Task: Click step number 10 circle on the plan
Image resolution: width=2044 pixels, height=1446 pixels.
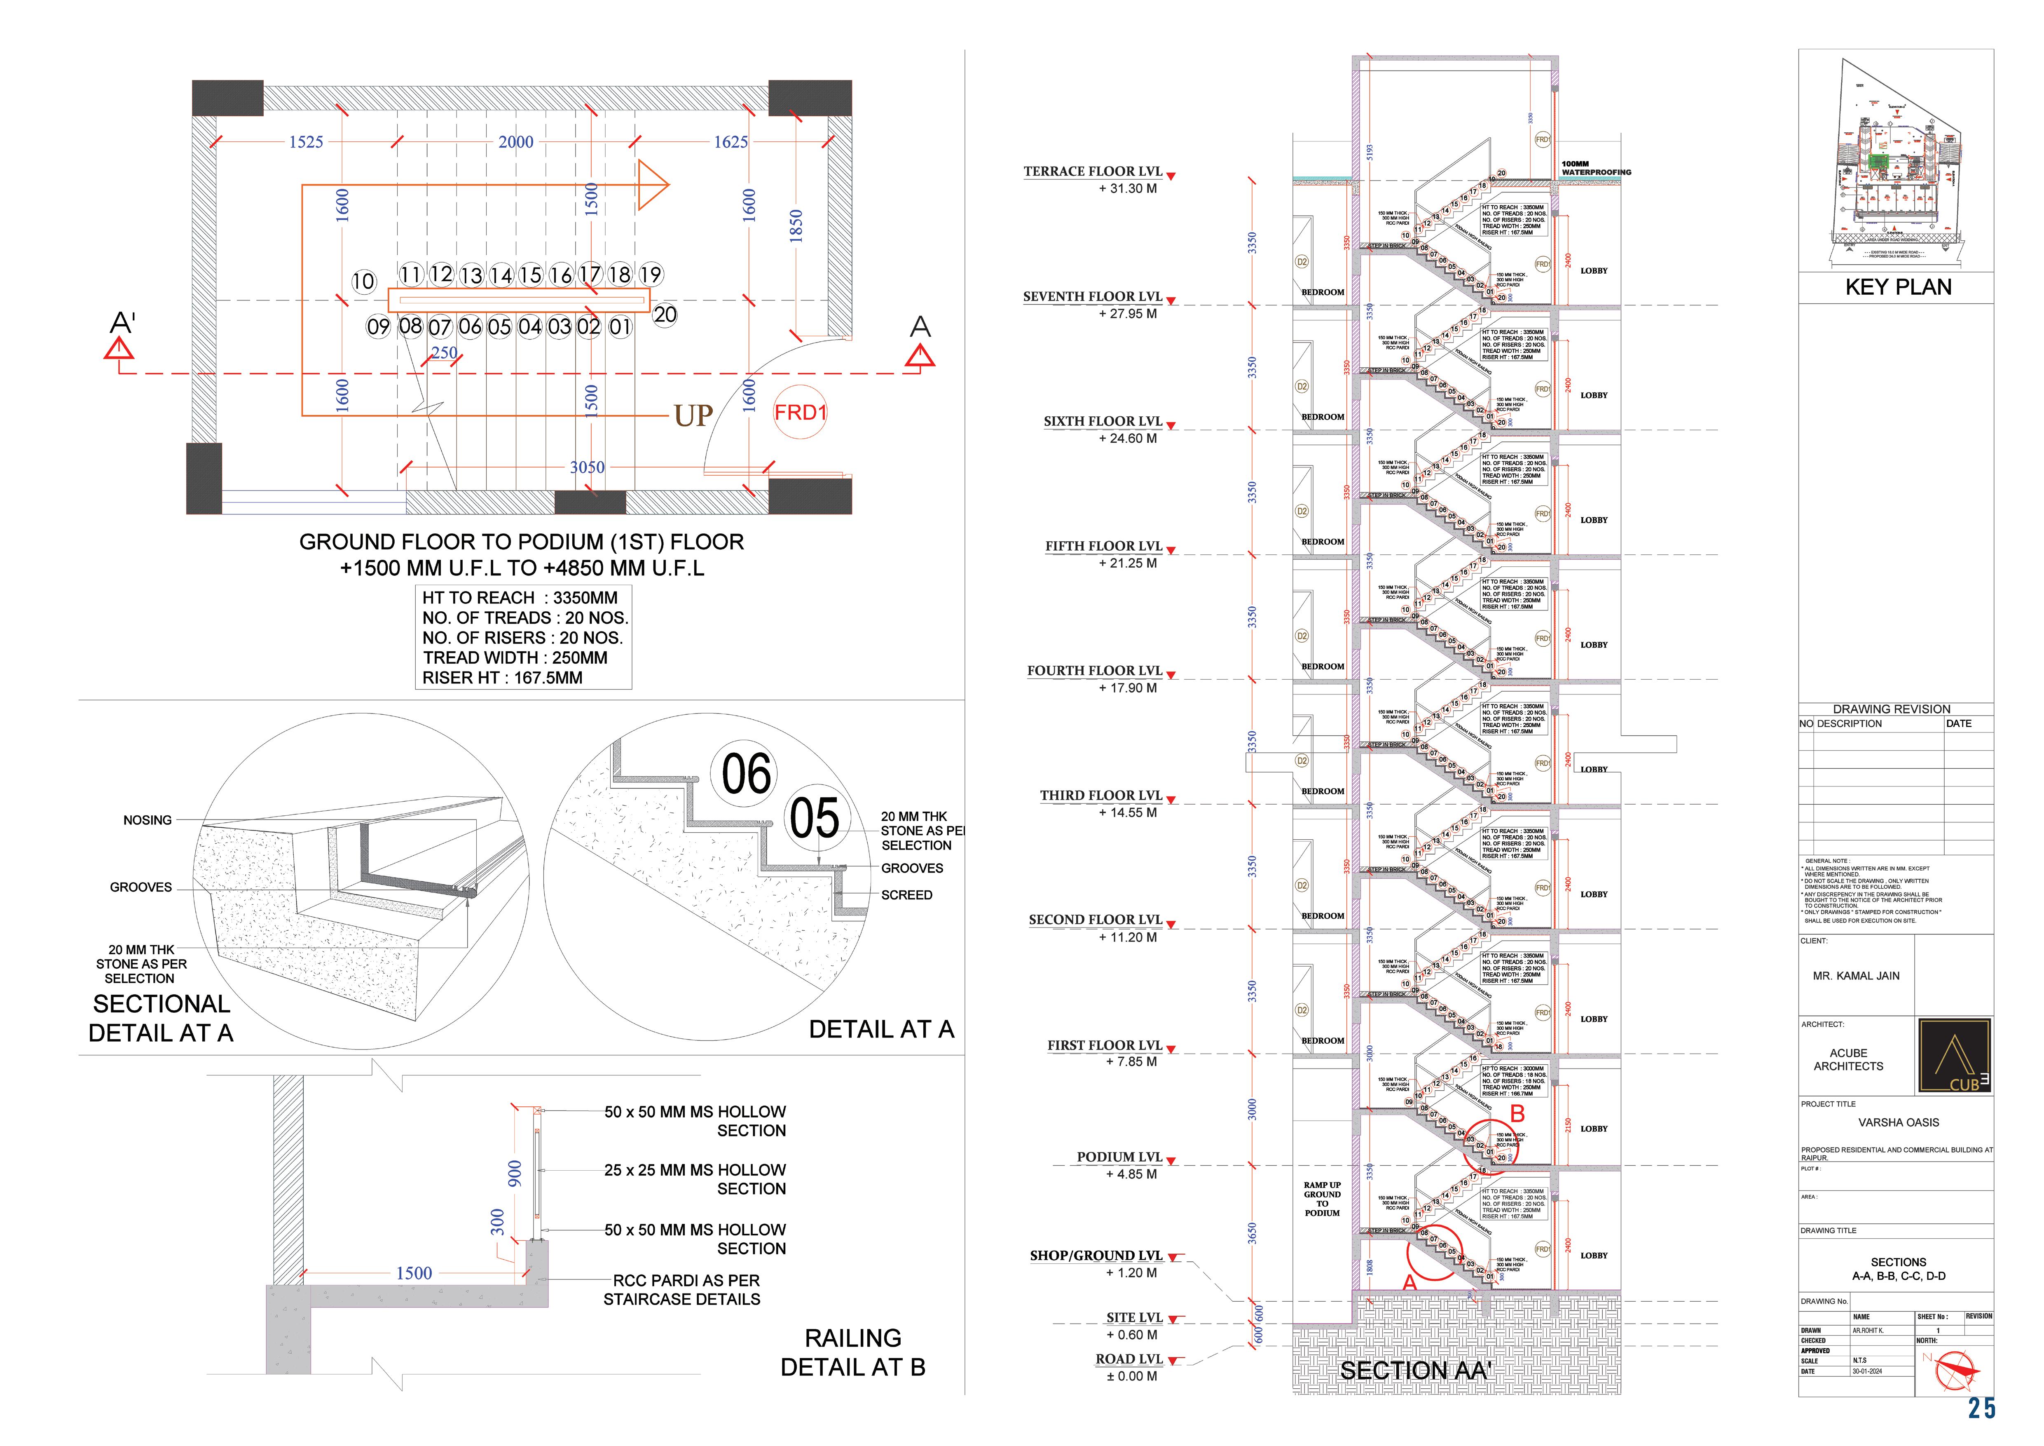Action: (363, 282)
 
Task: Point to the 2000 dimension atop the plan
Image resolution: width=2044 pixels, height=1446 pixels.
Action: (515, 141)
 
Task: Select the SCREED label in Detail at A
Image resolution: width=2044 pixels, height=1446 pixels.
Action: (906, 895)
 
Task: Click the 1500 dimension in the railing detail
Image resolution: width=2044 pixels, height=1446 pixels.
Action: (414, 1273)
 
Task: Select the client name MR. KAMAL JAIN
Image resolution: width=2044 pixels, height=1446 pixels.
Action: (1856, 976)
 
